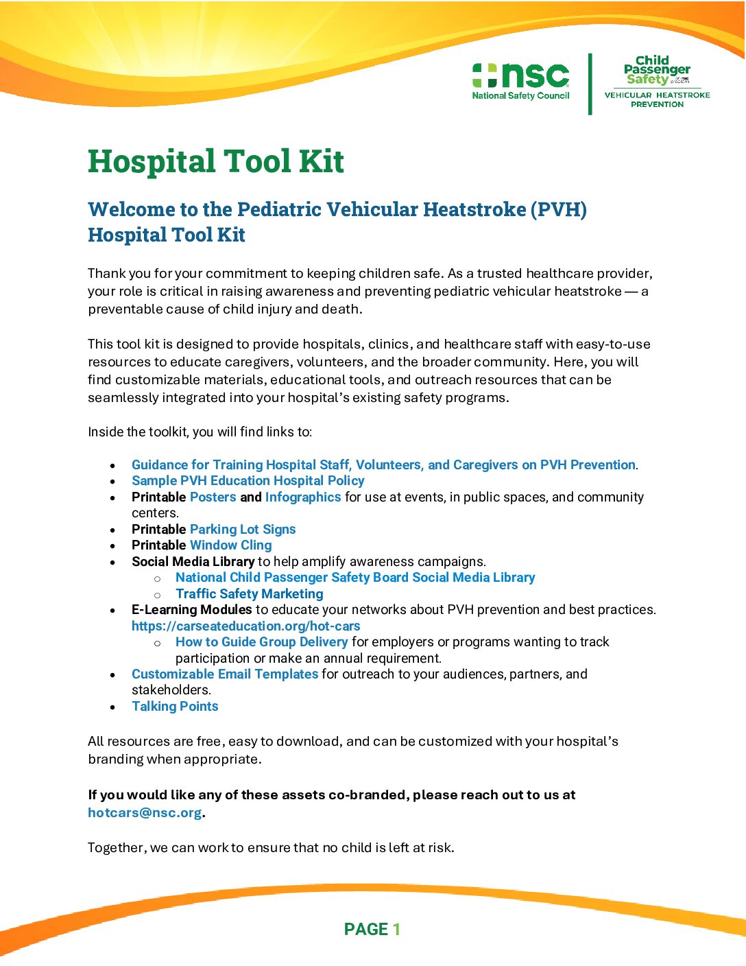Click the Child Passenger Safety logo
pos(657,82)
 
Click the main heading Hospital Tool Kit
pos(216,162)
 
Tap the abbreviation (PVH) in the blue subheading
pos(558,209)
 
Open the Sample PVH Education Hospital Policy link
pos(248,481)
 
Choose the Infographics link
pos(302,497)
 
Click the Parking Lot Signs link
pos(243,529)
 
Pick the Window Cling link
pos(230,545)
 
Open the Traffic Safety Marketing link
pos(249,594)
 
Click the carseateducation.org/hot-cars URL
pos(245,626)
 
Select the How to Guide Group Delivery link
pos(261,642)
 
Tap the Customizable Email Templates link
pos(225,674)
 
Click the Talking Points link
pos(175,707)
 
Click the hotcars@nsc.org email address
pos(145,813)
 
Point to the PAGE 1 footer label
pos(372,930)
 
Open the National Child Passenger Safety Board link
pos(354,578)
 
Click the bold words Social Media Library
pos(193,562)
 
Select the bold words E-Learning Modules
pos(192,610)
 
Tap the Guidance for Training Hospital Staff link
pos(383,465)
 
